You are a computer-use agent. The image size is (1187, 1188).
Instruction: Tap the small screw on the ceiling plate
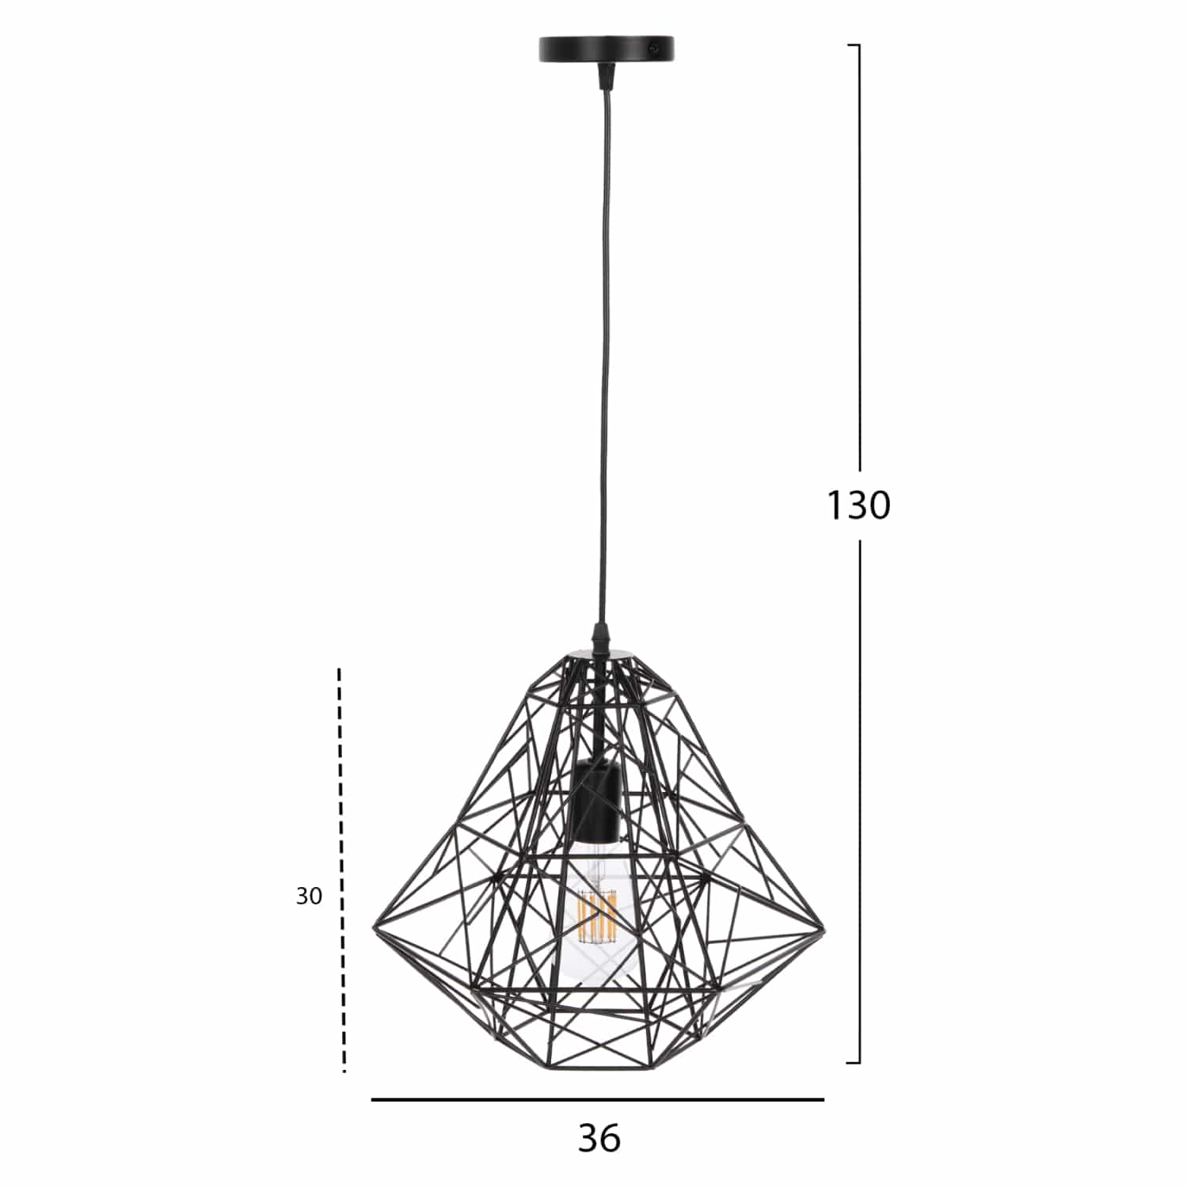[653, 48]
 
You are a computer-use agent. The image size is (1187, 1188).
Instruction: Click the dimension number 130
[858, 505]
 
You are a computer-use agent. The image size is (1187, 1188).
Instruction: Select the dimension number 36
[599, 1138]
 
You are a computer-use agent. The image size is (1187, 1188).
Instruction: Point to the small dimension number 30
[309, 897]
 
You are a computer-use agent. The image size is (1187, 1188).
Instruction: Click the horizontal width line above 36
[598, 1100]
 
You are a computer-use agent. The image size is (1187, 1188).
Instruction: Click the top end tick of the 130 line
[854, 46]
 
